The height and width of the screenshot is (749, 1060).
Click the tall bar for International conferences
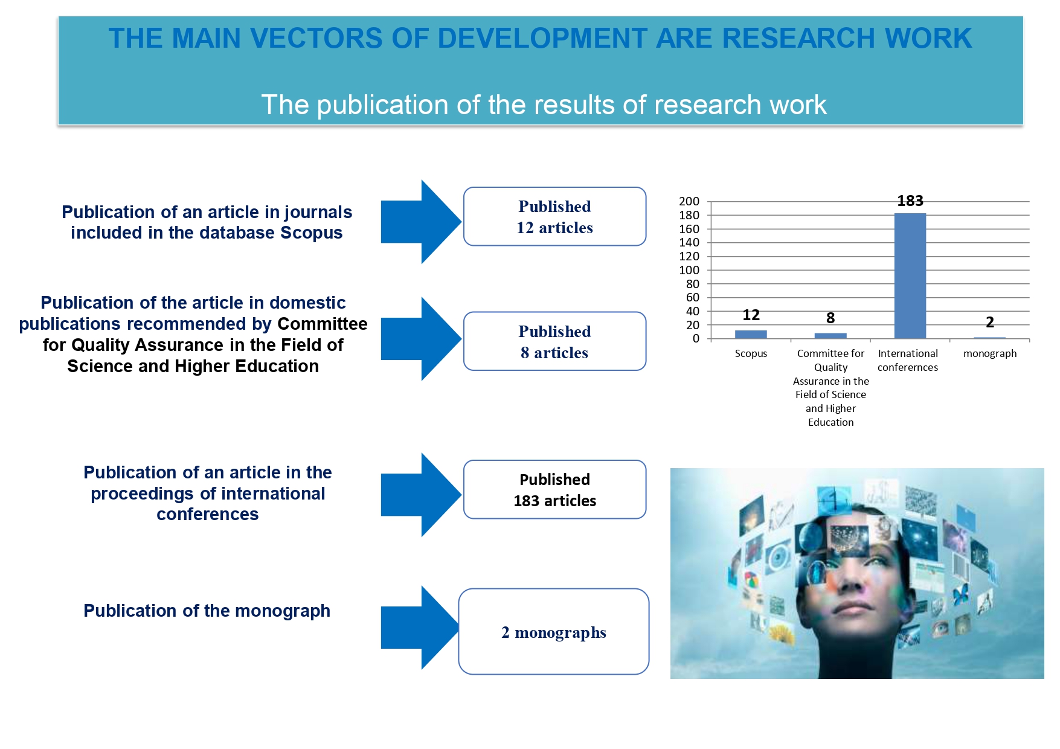910,275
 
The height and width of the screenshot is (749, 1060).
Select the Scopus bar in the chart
751,334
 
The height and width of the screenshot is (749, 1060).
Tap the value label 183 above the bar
910,201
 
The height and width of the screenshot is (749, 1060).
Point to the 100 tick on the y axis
689,270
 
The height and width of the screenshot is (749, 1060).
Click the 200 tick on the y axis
689,201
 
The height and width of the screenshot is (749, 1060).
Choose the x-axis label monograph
990,353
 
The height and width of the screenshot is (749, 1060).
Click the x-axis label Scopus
751,353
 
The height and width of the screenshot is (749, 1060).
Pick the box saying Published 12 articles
554,216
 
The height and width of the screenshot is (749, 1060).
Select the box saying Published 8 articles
554,341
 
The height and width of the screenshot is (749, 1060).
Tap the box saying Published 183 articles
554,489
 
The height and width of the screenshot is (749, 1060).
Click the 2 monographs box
554,631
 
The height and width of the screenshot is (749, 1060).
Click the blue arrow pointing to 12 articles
421,222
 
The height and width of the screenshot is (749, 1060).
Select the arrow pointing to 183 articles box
421,495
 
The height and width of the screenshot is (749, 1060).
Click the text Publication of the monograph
207,611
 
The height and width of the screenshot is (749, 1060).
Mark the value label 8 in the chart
830,318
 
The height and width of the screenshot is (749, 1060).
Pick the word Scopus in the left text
312,233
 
